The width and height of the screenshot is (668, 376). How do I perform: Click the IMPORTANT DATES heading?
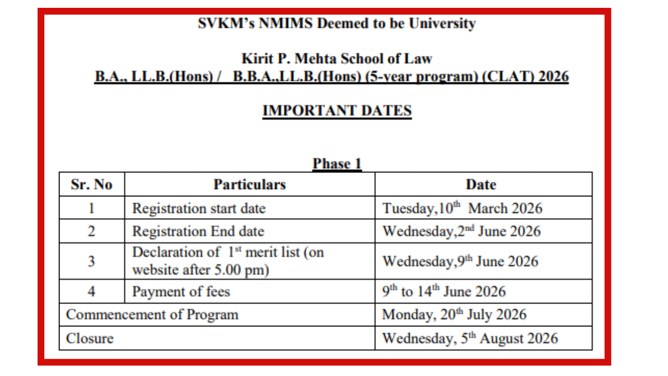(x=337, y=111)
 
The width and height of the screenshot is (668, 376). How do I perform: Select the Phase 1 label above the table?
(x=337, y=164)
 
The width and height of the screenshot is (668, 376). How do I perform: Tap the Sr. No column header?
(x=91, y=184)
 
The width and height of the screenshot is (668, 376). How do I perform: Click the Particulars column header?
(x=249, y=184)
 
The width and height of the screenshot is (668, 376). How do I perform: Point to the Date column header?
(x=481, y=184)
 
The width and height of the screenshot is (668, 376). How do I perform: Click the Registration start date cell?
(x=199, y=208)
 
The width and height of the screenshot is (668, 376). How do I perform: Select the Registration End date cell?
(x=198, y=231)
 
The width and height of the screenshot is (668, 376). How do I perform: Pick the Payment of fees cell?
(x=181, y=291)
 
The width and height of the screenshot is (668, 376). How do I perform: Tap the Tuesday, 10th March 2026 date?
(x=462, y=208)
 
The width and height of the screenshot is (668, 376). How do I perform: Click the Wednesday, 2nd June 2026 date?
(x=462, y=231)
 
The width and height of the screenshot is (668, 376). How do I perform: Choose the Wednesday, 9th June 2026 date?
(x=460, y=261)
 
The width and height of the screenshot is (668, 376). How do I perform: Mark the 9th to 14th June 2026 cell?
(x=444, y=291)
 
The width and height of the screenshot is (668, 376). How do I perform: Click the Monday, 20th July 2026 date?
(x=455, y=315)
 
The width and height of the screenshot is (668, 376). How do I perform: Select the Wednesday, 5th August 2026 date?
(x=470, y=338)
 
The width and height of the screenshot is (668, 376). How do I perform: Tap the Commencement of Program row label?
(x=152, y=315)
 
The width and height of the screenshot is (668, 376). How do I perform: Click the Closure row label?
(x=90, y=338)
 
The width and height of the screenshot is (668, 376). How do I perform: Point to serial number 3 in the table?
(x=91, y=261)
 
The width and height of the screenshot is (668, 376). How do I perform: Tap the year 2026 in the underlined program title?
(x=553, y=77)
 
